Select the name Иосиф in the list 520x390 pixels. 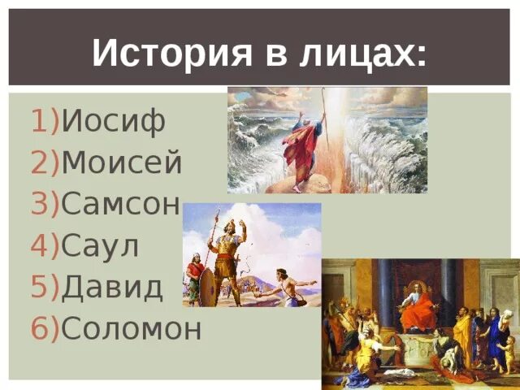[x=114, y=122]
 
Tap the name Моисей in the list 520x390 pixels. [x=121, y=165]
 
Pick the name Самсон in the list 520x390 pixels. [x=119, y=206]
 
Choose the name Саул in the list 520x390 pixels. [x=101, y=246]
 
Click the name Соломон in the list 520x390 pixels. [x=132, y=328]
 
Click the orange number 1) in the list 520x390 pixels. [x=45, y=122]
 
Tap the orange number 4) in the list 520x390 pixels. [x=45, y=246]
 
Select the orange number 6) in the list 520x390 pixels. [x=45, y=328]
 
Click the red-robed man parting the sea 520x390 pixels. [x=301, y=150]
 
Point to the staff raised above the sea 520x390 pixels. [x=324, y=114]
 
